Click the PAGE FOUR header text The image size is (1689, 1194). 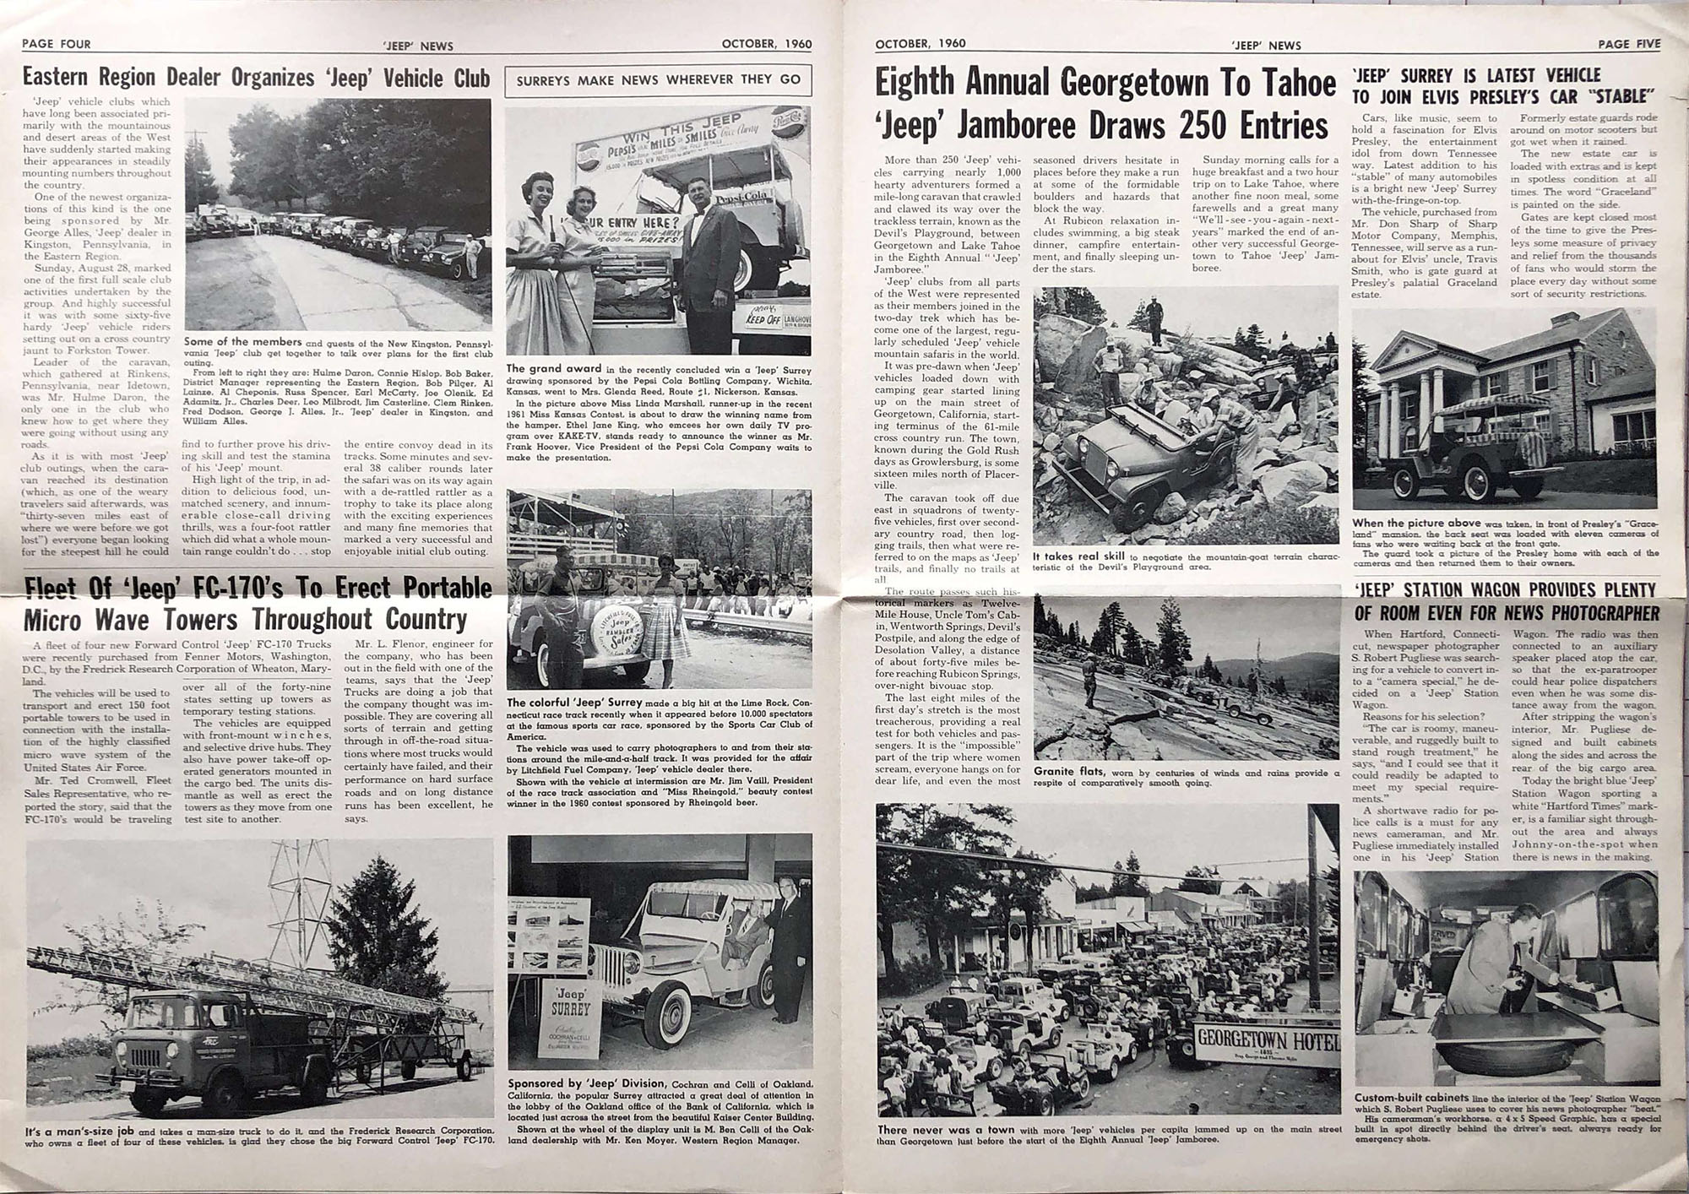56,44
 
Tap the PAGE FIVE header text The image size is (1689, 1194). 1628,44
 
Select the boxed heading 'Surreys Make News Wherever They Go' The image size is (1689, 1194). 658,80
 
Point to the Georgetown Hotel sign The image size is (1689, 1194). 1266,1039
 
